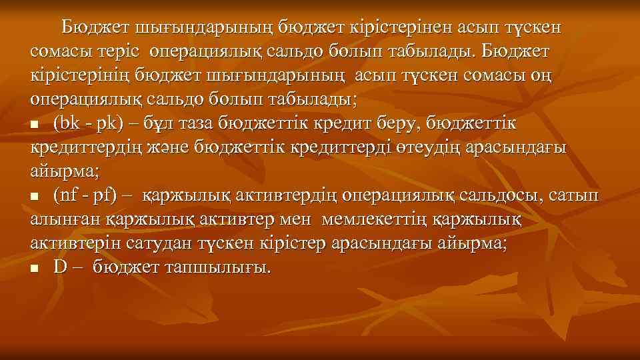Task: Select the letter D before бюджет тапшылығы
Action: point(61,267)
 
